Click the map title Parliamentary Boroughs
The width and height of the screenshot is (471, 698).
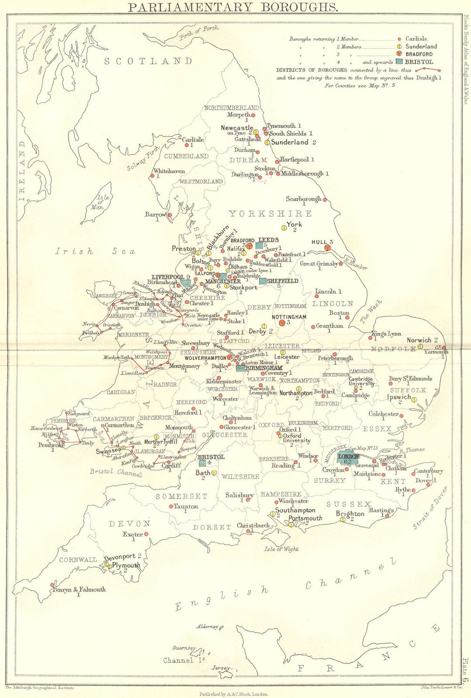click(x=233, y=7)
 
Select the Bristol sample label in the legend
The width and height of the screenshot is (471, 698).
click(x=421, y=62)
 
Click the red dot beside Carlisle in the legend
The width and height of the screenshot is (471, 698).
click(x=399, y=39)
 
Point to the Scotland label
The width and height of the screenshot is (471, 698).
click(x=148, y=61)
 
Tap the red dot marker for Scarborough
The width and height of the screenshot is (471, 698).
click(x=325, y=200)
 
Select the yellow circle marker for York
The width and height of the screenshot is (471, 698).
click(x=284, y=228)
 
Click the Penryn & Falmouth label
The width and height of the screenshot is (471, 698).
click(x=79, y=589)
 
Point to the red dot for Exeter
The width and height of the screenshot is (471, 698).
click(x=146, y=534)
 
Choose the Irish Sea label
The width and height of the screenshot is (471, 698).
click(x=95, y=251)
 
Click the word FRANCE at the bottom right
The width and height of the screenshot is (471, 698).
click(x=367, y=654)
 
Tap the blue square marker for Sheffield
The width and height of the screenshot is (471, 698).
click(x=263, y=281)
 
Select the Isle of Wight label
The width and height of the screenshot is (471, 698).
click(x=281, y=549)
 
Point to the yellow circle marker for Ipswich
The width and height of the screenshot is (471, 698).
click(x=414, y=400)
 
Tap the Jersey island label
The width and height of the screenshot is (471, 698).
click(x=220, y=668)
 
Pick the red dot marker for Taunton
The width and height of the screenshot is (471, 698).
click(x=171, y=506)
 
